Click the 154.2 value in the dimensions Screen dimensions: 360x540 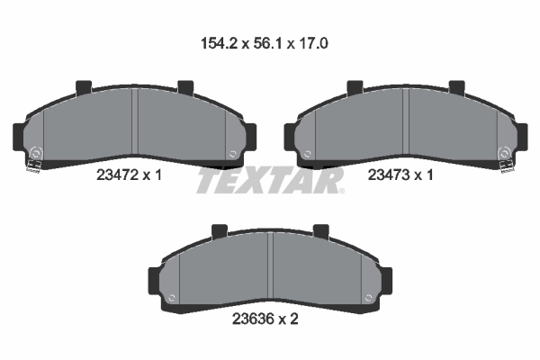tap(219, 42)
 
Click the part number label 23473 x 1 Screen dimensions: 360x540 tap(402, 176)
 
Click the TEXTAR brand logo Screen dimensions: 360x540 tap(269, 181)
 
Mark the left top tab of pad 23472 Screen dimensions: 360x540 tap(84, 88)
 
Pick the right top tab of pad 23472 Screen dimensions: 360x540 tap(185, 88)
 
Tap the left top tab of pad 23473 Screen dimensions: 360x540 tap(355, 88)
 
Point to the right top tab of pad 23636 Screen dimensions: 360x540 tap(320, 232)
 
